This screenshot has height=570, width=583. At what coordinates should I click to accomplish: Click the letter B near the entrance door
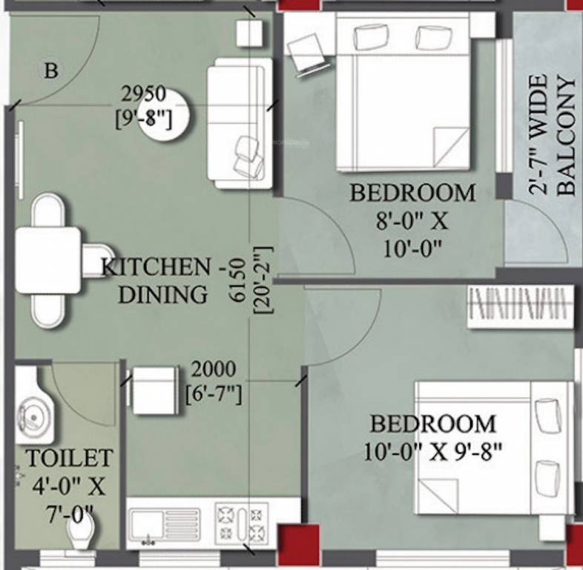50,71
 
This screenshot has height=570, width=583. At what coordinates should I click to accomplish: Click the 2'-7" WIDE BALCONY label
553,134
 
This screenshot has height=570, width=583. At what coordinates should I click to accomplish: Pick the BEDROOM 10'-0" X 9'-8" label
433,437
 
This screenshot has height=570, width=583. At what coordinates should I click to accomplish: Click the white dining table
48,260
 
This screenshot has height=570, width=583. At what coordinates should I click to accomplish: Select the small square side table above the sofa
250,33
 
